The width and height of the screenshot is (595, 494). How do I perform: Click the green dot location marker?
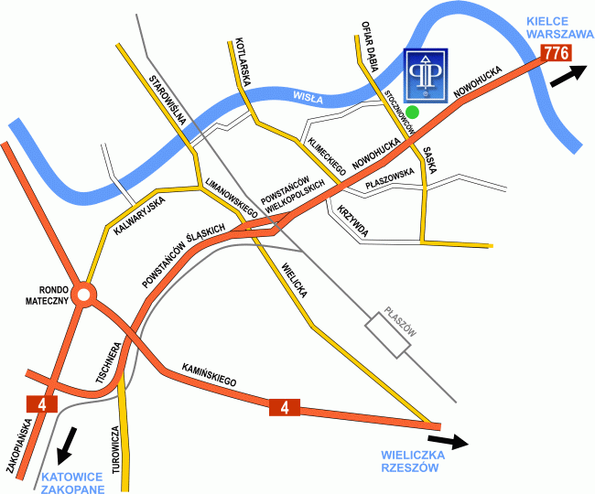(x=413, y=112)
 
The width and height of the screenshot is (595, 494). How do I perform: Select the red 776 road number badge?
(x=557, y=53)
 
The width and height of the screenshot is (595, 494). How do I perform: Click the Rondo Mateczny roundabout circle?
(x=84, y=295)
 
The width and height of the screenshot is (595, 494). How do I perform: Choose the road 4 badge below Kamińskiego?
(x=285, y=406)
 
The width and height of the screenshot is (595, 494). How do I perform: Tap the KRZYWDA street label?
(x=352, y=220)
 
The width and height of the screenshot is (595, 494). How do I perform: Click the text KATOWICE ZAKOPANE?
(x=72, y=482)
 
